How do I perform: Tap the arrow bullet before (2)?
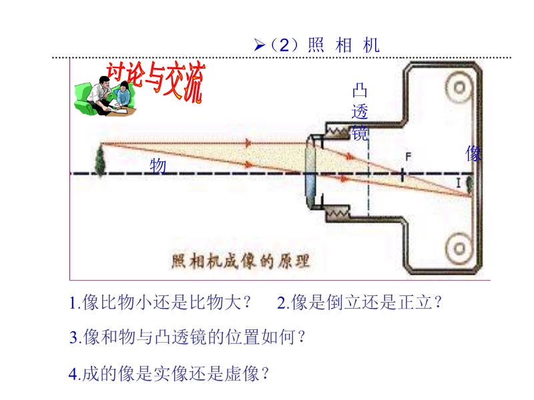pyautogui.click(x=260, y=45)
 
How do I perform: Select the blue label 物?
pyautogui.click(x=158, y=166)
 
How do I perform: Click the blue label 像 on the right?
pyautogui.click(x=473, y=154)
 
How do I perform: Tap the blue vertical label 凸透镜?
pyautogui.click(x=360, y=112)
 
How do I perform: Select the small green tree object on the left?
pyautogui.click(x=100, y=159)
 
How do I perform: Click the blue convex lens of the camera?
pyautogui.click(x=311, y=175)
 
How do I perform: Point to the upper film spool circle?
pyautogui.click(x=459, y=87)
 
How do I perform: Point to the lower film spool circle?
pyautogui.click(x=459, y=249)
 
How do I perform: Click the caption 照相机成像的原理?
pyautogui.click(x=241, y=259)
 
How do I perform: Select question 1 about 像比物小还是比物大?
pyautogui.click(x=161, y=303)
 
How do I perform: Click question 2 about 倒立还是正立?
pyautogui.click(x=360, y=303)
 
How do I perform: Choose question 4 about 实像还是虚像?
pyautogui.click(x=170, y=373)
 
